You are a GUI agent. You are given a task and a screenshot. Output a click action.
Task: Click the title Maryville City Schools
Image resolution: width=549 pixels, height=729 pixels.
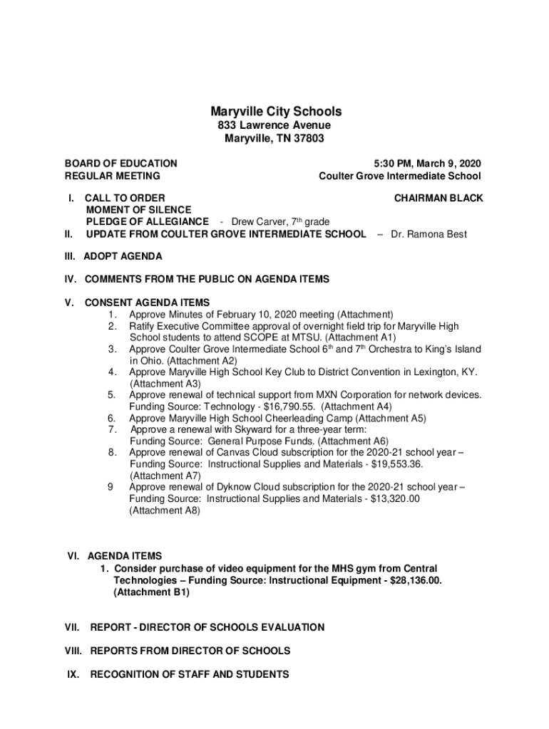[x=275, y=112]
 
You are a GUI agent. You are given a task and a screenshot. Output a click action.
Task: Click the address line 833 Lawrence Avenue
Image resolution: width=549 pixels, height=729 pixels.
[x=274, y=126]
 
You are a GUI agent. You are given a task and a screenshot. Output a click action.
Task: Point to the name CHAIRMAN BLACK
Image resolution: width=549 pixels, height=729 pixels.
[x=438, y=198]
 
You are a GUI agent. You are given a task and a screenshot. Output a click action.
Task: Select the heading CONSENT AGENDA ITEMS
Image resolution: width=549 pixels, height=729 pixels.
[x=147, y=303]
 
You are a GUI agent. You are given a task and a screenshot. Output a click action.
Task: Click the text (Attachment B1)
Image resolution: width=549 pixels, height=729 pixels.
[x=146, y=592]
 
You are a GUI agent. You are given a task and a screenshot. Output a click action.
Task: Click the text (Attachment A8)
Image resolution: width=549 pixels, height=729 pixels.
[x=165, y=510]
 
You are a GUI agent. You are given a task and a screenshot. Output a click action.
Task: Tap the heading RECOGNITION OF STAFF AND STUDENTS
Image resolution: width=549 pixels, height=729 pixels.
[x=190, y=674]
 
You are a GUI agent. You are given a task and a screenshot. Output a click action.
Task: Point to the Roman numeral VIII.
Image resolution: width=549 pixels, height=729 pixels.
[x=72, y=651]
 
